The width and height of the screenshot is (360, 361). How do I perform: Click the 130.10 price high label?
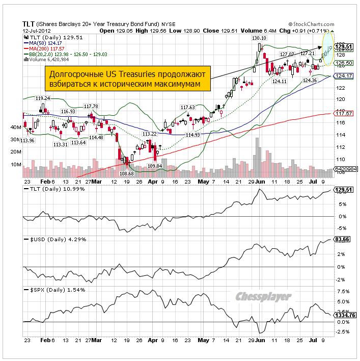(259, 38)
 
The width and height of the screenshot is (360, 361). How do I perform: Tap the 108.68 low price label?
(126, 173)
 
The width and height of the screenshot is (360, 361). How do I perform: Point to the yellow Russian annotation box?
(126, 78)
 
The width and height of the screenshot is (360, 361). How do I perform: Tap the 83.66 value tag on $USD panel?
(341, 239)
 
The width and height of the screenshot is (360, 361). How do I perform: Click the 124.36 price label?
(310, 81)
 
